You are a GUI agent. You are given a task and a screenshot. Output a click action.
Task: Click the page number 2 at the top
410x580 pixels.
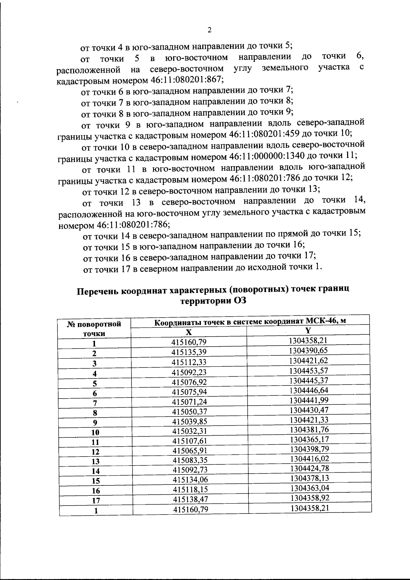pos(209,30)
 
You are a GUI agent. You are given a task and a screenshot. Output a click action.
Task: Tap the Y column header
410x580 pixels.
pos(308,330)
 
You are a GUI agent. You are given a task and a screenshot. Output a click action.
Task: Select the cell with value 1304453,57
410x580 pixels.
pos(309,371)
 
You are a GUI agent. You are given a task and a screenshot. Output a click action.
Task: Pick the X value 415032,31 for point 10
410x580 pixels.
pos(189,431)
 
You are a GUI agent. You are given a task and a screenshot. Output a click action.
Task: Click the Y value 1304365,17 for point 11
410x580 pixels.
pos(309,439)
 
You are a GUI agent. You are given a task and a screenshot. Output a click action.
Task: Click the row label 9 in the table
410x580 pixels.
pos(95,422)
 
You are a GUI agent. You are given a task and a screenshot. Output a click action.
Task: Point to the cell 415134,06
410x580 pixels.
pos(190,480)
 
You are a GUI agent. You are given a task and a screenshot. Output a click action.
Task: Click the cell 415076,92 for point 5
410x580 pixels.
pos(189,382)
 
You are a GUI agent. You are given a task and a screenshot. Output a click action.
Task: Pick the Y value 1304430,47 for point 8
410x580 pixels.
pos(309,410)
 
